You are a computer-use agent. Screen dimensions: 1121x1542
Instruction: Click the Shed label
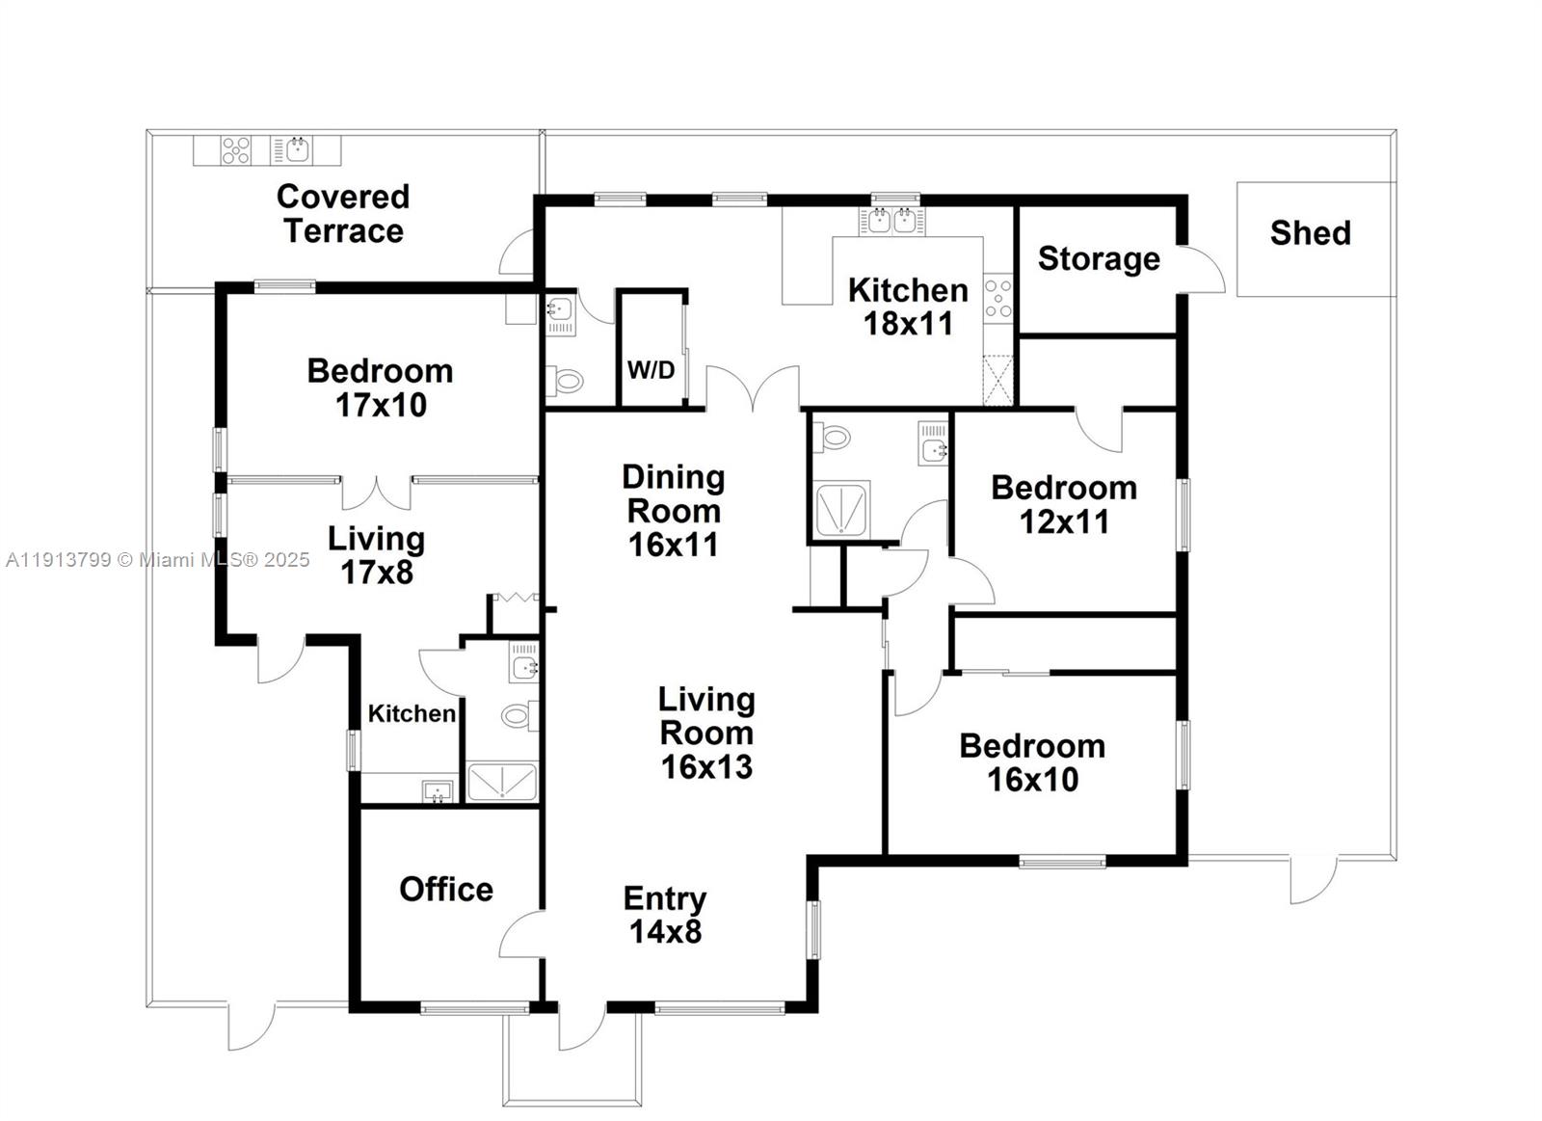[1310, 232]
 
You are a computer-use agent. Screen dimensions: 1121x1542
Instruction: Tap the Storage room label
[1098, 258]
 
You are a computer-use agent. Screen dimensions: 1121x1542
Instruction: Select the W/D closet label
[651, 370]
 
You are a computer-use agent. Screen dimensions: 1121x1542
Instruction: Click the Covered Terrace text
[343, 213]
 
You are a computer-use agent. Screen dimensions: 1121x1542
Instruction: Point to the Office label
[445, 889]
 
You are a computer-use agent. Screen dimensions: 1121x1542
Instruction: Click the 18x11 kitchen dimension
[908, 324]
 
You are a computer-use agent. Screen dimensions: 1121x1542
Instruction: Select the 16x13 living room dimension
[706, 767]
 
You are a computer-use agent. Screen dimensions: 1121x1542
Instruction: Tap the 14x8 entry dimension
[665, 932]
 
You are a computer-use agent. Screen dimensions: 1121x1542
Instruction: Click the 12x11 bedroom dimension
[1064, 522]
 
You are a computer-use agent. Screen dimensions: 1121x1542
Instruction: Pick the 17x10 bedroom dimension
[381, 406]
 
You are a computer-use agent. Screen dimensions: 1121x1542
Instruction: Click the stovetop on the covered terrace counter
[236, 150]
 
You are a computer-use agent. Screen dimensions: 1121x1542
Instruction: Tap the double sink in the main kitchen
[891, 221]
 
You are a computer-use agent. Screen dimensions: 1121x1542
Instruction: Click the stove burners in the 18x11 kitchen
[998, 299]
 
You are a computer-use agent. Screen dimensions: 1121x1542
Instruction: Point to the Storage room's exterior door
[1200, 271]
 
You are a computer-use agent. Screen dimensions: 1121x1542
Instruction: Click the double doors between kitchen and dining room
[753, 389]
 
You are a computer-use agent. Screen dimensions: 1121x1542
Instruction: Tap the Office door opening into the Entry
[521, 933]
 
